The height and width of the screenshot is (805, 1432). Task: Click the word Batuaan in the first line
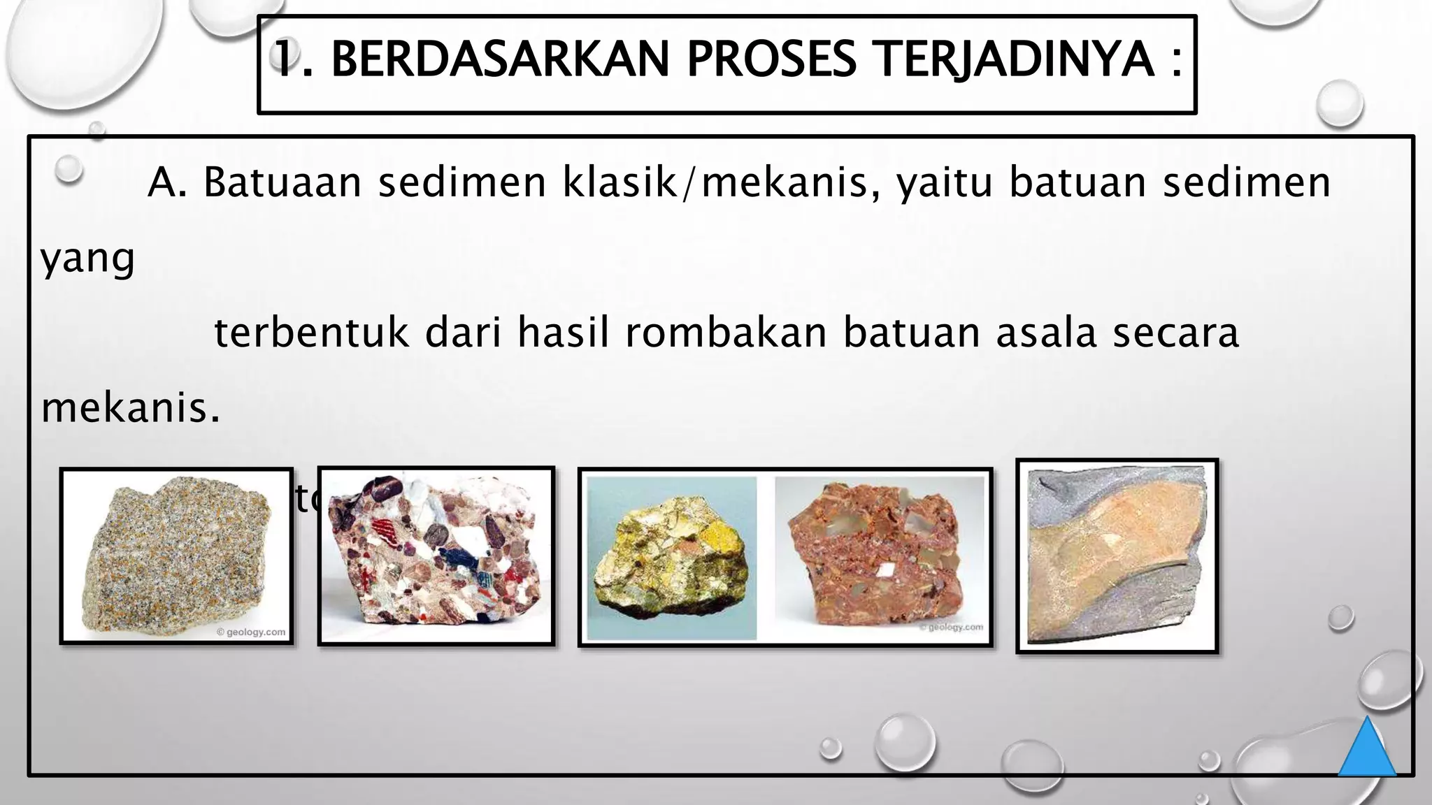(282, 183)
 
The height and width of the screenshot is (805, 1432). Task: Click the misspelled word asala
(1046, 333)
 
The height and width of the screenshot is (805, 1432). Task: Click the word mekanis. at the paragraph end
(131, 408)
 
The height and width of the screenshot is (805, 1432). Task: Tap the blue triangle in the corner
(1367, 749)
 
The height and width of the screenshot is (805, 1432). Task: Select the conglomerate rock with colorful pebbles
(436, 555)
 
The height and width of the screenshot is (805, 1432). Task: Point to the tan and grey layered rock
(1117, 556)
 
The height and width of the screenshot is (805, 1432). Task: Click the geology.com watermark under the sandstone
(251, 632)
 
